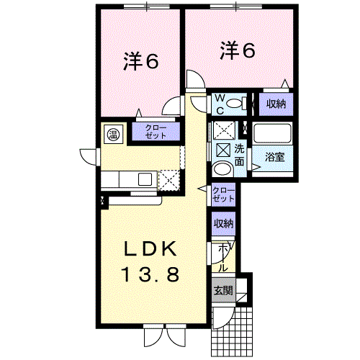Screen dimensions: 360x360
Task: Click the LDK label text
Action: [x=150, y=249]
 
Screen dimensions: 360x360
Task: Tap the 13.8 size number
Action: [x=151, y=274]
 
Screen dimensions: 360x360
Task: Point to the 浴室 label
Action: [x=275, y=157]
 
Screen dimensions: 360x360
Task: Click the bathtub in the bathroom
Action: [x=273, y=133]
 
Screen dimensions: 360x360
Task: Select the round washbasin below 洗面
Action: [x=223, y=169]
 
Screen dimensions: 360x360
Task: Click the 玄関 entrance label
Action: [x=223, y=291]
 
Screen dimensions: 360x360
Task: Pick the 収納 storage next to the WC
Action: [x=276, y=104]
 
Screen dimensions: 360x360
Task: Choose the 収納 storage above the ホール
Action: [x=223, y=224]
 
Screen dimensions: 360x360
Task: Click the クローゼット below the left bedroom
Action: [x=156, y=132]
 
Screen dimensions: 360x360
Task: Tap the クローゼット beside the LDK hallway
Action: [x=223, y=194]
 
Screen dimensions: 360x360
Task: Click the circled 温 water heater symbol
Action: [x=112, y=135]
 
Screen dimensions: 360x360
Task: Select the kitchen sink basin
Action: [x=145, y=179]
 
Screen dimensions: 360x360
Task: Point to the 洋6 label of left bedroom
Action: [x=141, y=62]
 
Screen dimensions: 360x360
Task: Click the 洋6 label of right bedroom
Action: [x=238, y=50]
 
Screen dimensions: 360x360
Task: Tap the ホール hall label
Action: [x=223, y=258]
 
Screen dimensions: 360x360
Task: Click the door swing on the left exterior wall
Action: [x=88, y=157]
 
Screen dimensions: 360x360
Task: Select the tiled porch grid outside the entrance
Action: [x=232, y=332]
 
